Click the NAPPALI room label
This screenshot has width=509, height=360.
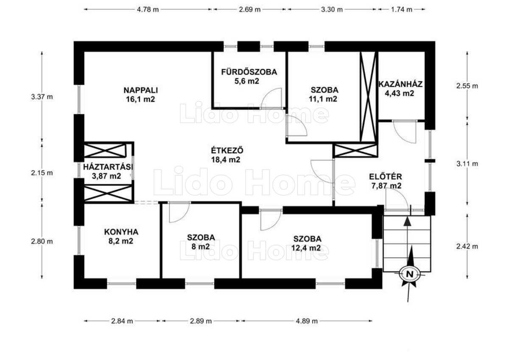pyautogui.click(x=141, y=90)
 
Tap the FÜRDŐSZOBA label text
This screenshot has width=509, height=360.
pyautogui.click(x=249, y=72)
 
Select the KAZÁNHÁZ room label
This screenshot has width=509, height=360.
pyautogui.click(x=400, y=84)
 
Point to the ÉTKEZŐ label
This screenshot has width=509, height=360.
pyautogui.click(x=227, y=151)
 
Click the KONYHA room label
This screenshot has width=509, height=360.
pyautogui.click(x=121, y=232)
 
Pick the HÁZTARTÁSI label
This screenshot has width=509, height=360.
pyautogui.click(x=108, y=167)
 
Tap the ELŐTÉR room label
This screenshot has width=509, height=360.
pyautogui.click(x=386, y=177)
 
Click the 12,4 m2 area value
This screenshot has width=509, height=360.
pyautogui.click(x=306, y=248)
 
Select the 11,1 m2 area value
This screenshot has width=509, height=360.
pyautogui.click(x=323, y=99)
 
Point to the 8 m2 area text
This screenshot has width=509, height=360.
pyautogui.click(x=201, y=247)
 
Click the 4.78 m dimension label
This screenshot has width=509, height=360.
pyautogui.click(x=148, y=9)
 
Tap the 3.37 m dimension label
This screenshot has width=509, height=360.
pyautogui.click(x=42, y=97)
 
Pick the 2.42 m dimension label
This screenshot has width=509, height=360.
pyautogui.click(x=467, y=246)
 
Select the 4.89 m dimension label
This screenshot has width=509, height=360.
pyautogui.click(x=307, y=321)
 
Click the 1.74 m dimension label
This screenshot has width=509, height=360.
pyautogui.click(x=402, y=9)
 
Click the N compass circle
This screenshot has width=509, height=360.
pyautogui.click(x=410, y=274)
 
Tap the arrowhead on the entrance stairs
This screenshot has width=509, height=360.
pyautogui.click(x=408, y=221)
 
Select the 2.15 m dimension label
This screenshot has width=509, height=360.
pyautogui.click(x=42, y=173)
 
